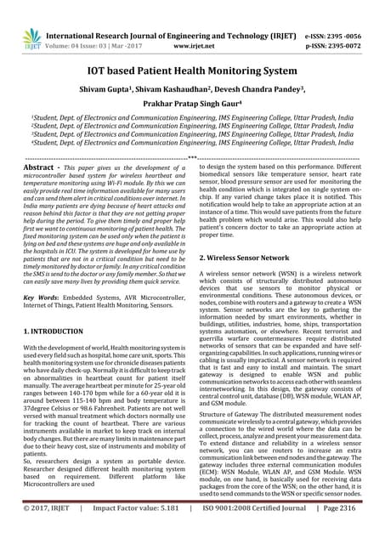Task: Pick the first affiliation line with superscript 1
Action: pyautogui.click(x=191, y=122)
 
